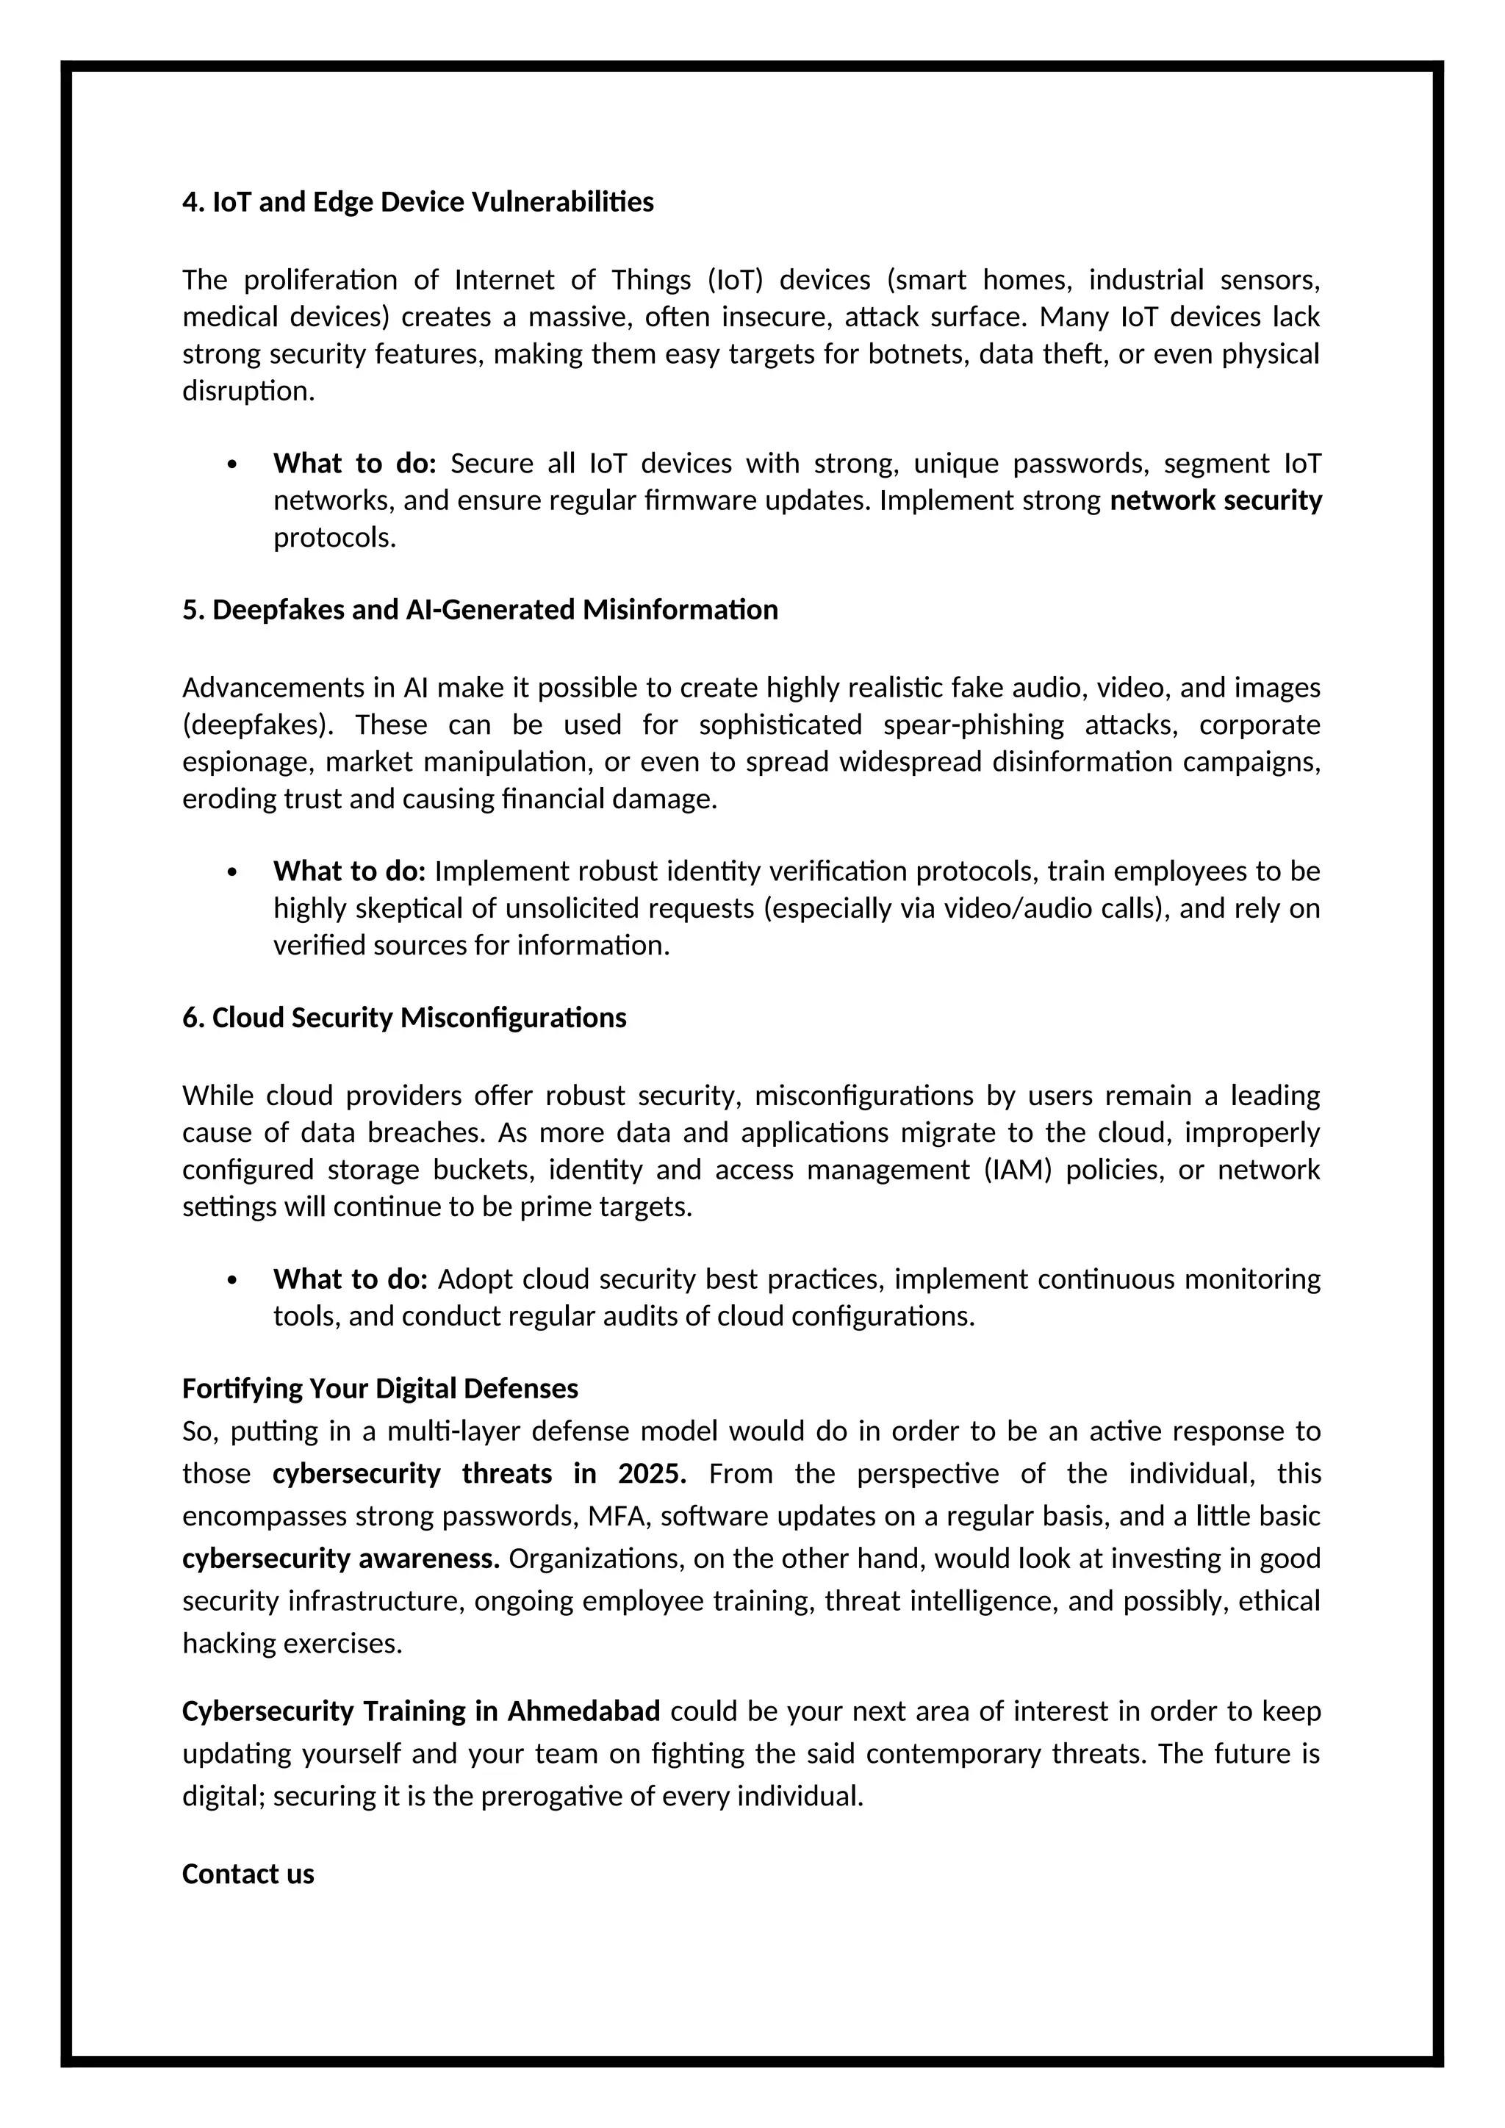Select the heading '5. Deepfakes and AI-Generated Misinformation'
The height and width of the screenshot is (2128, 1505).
[x=479, y=610]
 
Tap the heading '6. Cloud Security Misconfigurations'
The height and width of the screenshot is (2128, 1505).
[x=404, y=1018]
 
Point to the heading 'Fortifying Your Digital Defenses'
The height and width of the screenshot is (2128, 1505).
[x=380, y=1388]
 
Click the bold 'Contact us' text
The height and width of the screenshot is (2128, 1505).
[x=248, y=1874]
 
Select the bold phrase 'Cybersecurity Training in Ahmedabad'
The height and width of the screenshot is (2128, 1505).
[x=421, y=1711]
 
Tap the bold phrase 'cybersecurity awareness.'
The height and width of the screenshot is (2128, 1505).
[x=340, y=1559]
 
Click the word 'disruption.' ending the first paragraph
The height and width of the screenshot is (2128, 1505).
[x=248, y=391]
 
